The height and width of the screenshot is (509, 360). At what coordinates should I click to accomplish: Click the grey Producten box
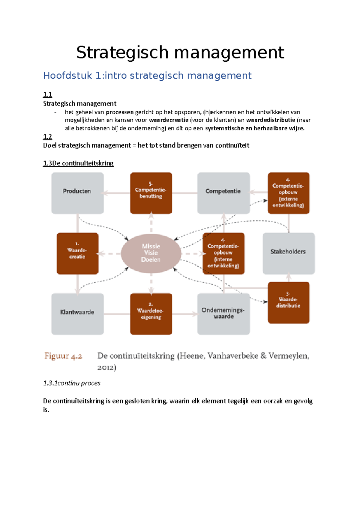[77, 193]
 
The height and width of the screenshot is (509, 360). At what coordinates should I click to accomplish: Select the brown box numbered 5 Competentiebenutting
[151, 193]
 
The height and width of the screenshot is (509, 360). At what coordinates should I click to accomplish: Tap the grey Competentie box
[223, 193]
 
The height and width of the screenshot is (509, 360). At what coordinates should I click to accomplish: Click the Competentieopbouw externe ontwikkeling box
[288, 193]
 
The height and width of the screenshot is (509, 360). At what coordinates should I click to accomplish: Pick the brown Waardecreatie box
[77, 253]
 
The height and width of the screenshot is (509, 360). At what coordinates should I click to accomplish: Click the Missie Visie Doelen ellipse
[151, 253]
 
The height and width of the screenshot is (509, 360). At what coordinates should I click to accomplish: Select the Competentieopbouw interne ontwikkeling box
[223, 253]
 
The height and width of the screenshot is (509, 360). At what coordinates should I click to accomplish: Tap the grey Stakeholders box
[288, 253]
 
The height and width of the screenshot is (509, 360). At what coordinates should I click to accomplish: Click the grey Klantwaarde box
[77, 314]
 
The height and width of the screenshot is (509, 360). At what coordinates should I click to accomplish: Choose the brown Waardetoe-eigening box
[151, 314]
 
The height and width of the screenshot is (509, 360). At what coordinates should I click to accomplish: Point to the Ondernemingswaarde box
[223, 314]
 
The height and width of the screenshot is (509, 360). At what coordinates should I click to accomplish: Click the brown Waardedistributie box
[288, 302]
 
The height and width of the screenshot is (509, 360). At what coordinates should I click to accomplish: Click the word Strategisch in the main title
[122, 53]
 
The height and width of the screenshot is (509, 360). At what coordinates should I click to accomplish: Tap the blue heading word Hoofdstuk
[67, 76]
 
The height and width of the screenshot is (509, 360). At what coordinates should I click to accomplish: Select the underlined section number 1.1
[47, 95]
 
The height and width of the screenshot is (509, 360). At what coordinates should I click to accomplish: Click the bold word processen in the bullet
[119, 112]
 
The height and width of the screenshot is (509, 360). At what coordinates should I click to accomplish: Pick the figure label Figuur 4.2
[63, 356]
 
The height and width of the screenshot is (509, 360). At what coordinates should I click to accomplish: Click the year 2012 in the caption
[106, 368]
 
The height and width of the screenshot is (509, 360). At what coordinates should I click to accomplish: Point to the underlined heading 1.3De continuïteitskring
[78, 163]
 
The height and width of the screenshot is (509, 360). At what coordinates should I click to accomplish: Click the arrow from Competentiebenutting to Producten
[117, 193]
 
